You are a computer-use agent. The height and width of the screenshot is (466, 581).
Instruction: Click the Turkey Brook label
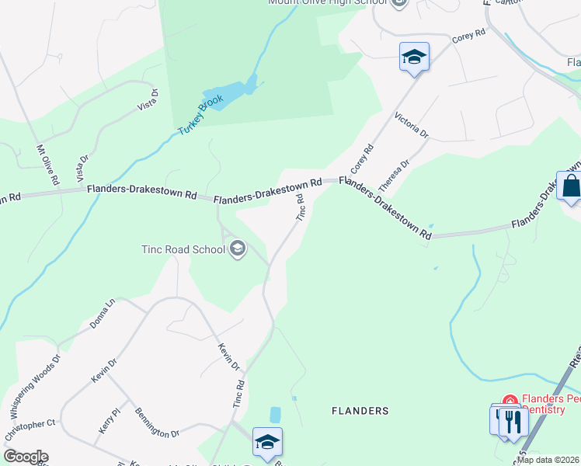tap(200, 116)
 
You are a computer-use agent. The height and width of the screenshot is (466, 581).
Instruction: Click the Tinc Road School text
tap(183, 249)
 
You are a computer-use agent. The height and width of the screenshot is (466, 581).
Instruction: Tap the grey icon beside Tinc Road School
tap(238, 249)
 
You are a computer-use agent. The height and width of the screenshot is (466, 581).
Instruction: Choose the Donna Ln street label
tap(102, 312)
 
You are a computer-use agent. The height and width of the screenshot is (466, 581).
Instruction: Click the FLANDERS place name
tap(360, 410)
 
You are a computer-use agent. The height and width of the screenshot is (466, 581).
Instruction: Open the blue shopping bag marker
tap(571, 187)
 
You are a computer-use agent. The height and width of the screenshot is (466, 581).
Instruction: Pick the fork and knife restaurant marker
tap(513, 422)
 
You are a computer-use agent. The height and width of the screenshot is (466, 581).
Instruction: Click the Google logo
tap(25, 457)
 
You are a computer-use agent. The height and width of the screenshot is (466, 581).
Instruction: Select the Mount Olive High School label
tap(327, 2)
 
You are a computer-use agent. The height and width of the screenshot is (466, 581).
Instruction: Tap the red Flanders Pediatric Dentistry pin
tap(510, 401)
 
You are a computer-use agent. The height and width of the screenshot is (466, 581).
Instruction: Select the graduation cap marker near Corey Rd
tap(414, 57)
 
